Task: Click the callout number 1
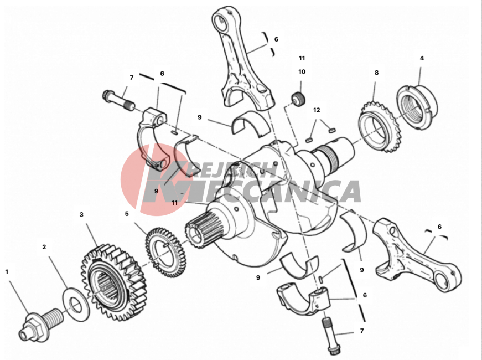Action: (x=7, y=272)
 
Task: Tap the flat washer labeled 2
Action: (x=76, y=305)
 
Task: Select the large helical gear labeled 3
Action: (x=113, y=282)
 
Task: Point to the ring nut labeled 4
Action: (x=417, y=107)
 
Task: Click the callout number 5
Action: (x=127, y=214)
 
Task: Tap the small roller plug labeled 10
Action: (x=298, y=99)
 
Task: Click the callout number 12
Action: (x=317, y=110)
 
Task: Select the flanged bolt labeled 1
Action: (x=40, y=323)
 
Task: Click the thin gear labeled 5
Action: (x=165, y=252)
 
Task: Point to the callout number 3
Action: (x=81, y=214)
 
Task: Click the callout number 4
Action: (x=422, y=58)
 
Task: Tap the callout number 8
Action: (x=376, y=73)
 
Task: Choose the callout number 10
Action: (x=302, y=71)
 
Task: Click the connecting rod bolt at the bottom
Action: (x=330, y=336)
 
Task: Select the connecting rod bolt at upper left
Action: (x=118, y=99)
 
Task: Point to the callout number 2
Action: (x=44, y=247)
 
